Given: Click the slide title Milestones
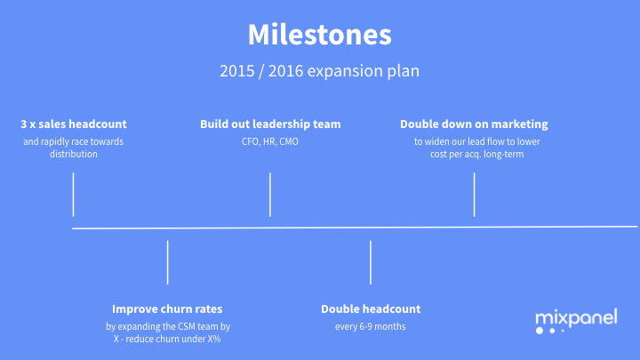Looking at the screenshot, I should coord(319,35).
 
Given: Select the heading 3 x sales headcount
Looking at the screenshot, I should coord(74,124).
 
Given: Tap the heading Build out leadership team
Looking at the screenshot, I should coord(270,124).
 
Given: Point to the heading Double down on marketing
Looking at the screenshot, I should coord(474,124).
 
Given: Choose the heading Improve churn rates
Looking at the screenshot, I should coord(168,308).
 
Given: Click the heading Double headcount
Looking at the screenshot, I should coord(371,308).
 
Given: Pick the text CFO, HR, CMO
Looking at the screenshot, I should coord(270,141).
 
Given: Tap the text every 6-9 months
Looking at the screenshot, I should coord(371,326).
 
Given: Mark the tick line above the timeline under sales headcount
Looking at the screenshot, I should coord(74,195).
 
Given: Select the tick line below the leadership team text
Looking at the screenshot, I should coord(270,195).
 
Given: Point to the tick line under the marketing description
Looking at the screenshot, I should coord(474,195).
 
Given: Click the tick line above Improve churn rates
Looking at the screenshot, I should coord(168,262).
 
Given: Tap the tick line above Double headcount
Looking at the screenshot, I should coord(371,262).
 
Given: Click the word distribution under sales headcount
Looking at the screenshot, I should coord(74,154).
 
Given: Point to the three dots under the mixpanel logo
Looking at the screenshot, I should coord(550,331).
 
